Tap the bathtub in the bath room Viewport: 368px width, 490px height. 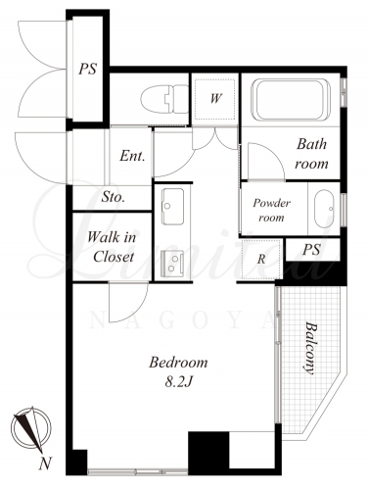tap(291, 99)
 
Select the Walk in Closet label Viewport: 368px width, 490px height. tap(112, 247)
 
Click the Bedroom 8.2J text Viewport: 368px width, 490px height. tap(178, 371)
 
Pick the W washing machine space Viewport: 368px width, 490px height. tap(215, 98)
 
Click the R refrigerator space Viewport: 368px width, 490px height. tap(261, 259)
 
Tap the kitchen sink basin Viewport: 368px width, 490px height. tap(172, 207)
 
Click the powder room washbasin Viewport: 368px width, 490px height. tap(324, 209)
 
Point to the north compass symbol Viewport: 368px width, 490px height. tap(30, 428)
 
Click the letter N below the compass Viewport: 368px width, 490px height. tap(46, 464)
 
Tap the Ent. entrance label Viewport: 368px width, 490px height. tap(132, 156)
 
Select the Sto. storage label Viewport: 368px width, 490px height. tap(113, 197)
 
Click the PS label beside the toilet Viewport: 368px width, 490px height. tap(88, 69)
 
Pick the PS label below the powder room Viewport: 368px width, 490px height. tap(311, 250)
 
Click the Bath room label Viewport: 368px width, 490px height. tap(311, 154)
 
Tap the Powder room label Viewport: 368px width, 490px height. tap(271, 210)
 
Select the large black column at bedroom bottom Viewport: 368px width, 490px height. tap(208, 454)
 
